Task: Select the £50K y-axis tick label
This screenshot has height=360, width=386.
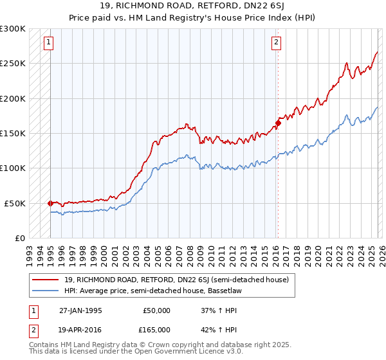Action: pos(15,203)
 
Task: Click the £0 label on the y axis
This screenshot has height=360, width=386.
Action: pos(21,238)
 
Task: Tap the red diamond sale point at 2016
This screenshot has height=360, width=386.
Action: pos(278,123)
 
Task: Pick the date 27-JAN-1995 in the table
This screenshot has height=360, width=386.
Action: pos(81,310)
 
